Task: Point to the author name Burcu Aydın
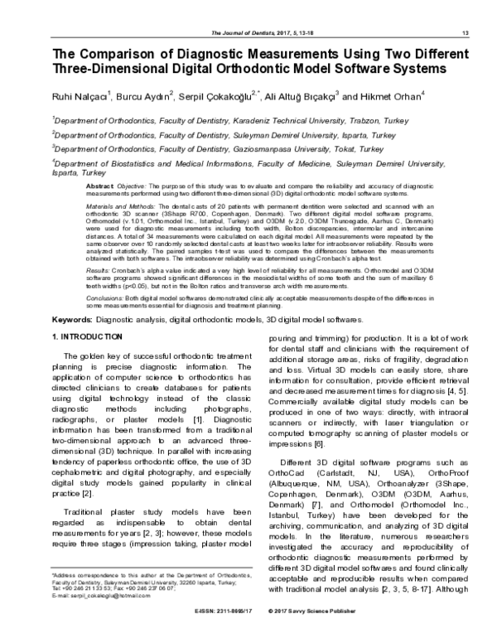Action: pos(145,96)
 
